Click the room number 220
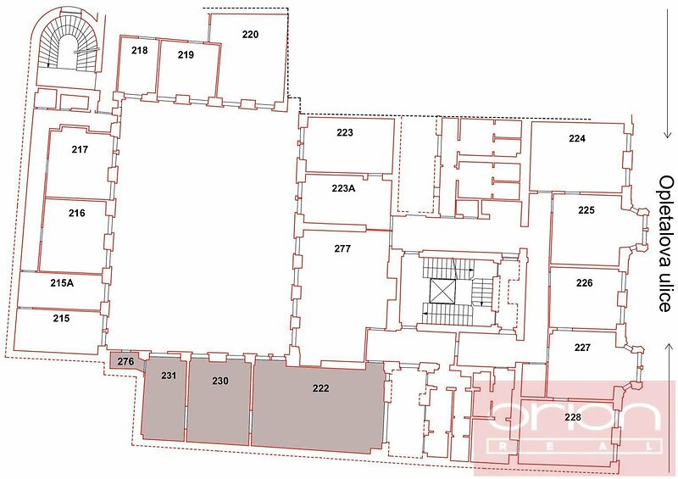250,34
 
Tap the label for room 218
139,50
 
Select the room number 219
186,54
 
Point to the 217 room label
80,149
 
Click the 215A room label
62,283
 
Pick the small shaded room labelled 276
125,361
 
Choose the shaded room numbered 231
164,398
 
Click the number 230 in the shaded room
220,381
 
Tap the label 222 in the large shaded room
320,388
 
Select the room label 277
342,248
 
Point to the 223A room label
344,188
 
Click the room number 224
577,138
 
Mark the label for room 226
584,283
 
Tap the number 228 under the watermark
573,417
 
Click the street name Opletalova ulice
666,243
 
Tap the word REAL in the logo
575,446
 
